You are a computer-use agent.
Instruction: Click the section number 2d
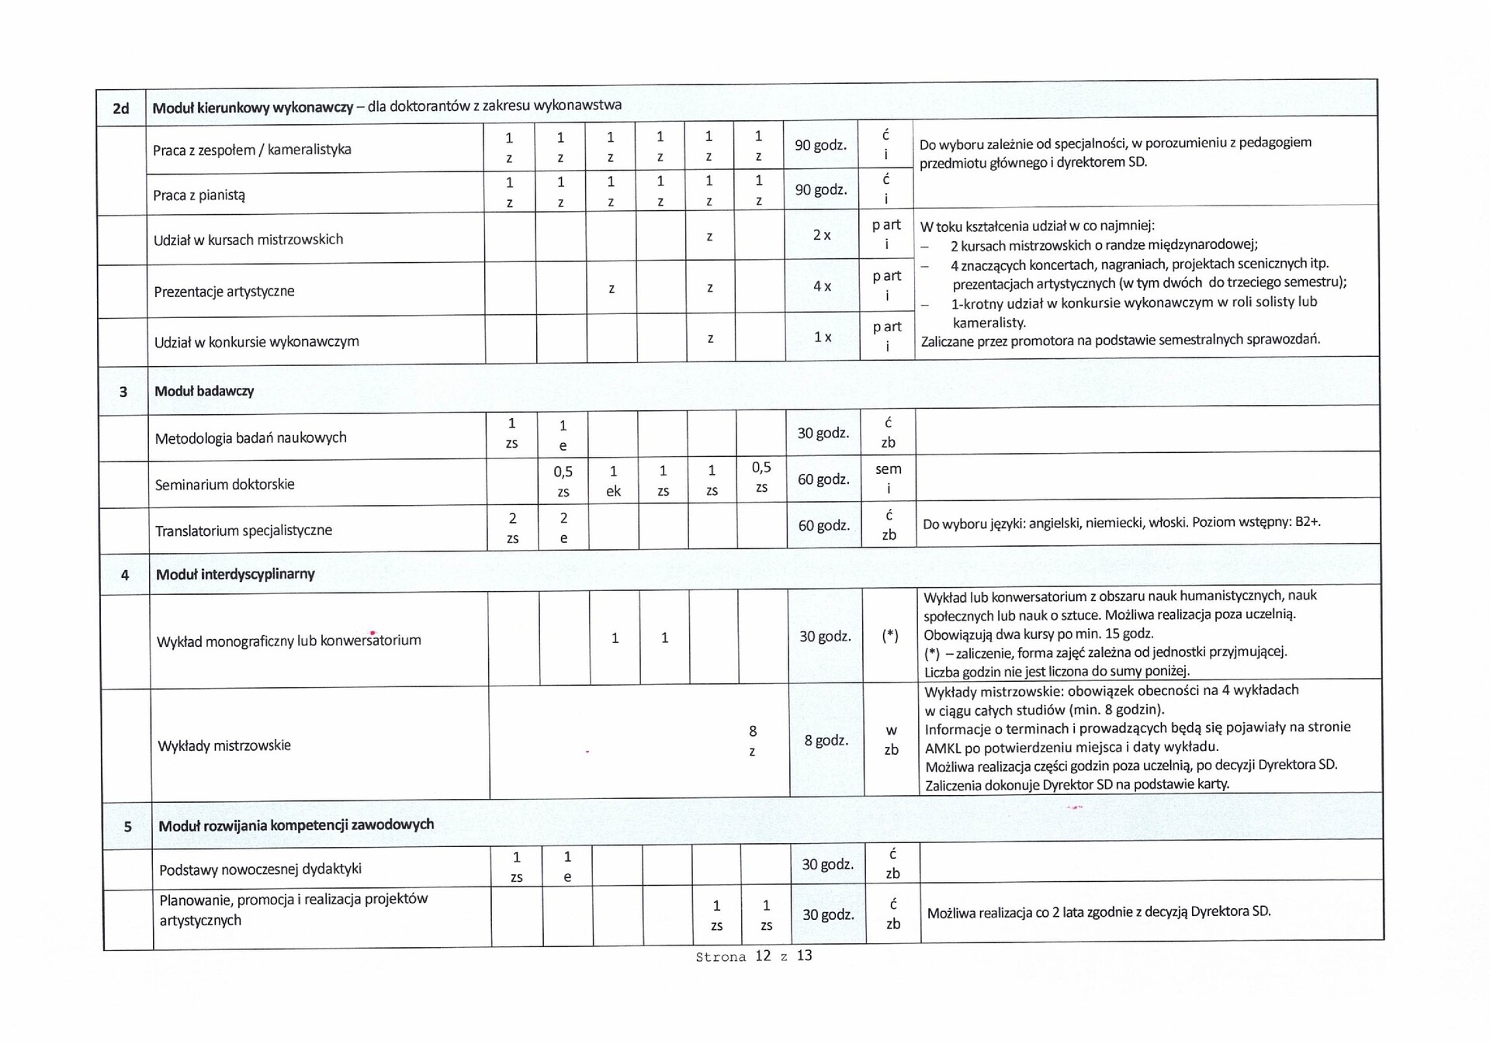(120, 109)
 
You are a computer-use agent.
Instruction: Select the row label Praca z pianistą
(199, 195)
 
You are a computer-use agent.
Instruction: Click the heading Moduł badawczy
(204, 391)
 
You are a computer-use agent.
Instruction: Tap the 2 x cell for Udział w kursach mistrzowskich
(822, 235)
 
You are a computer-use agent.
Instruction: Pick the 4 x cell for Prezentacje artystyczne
(822, 286)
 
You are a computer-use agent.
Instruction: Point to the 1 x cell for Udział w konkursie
(823, 337)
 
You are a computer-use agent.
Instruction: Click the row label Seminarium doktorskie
(224, 484)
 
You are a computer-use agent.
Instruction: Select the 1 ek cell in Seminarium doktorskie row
(613, 481)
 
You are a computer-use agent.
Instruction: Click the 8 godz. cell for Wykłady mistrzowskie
(826, 740)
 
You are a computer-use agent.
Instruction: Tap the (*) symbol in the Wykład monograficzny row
(890, 636)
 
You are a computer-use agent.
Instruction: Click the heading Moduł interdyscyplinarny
(235, 574)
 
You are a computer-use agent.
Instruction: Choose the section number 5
(128, 827)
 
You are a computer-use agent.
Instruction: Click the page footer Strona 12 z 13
(754, 956)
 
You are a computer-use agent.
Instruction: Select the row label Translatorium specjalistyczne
(243, 531)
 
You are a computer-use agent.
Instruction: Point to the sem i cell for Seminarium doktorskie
(889, 479)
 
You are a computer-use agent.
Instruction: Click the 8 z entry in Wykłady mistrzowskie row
(752, 741)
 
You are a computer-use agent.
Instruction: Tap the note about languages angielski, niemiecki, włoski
(1121, 522)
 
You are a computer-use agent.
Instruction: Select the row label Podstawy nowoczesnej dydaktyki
(260, 869)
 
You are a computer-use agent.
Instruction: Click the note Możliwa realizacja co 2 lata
(1098, 911)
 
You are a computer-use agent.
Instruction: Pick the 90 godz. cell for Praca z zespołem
(820, 145)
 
